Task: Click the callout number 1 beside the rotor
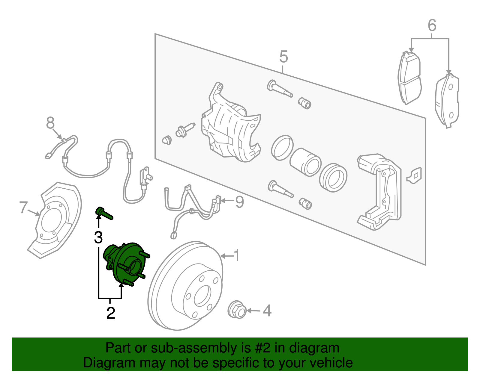237,255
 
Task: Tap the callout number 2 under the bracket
111,313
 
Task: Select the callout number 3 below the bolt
98,237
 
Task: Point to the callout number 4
267,311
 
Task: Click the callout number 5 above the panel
283,57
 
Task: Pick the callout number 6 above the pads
432,25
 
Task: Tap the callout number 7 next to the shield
23,207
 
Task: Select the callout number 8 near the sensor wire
50,123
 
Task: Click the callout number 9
239,202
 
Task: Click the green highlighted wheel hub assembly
126,264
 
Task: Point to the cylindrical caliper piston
305,162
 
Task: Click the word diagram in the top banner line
321,348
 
